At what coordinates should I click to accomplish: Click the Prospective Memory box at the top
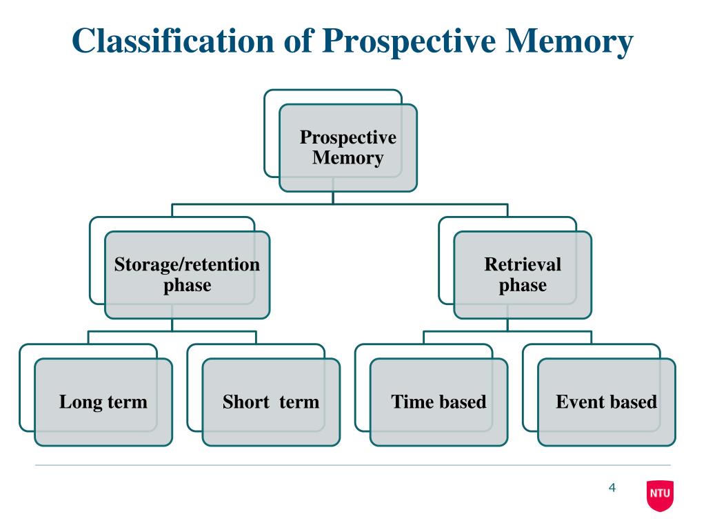(x=347, y=148)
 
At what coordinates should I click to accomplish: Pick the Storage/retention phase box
(x=187, y=275)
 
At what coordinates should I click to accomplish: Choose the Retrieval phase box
(x=523, y=275)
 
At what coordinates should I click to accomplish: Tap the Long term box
(x=103, y=402)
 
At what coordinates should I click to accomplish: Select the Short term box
(x=271, y=402)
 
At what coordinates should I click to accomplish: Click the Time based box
(x=438, y=402)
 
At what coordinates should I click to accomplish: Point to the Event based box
(x=607, y=402)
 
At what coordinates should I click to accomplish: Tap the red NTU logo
(x=660, y=495)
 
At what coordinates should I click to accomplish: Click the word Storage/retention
(x=187, y=264)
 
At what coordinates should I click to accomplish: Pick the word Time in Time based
(x=412, y=402)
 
